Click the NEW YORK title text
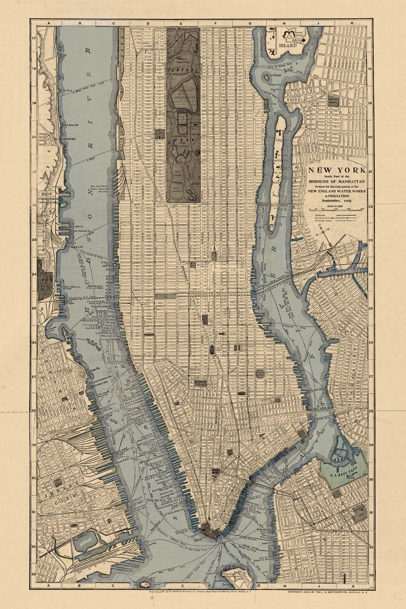[336, 170]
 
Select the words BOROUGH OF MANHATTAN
[336, 182]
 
